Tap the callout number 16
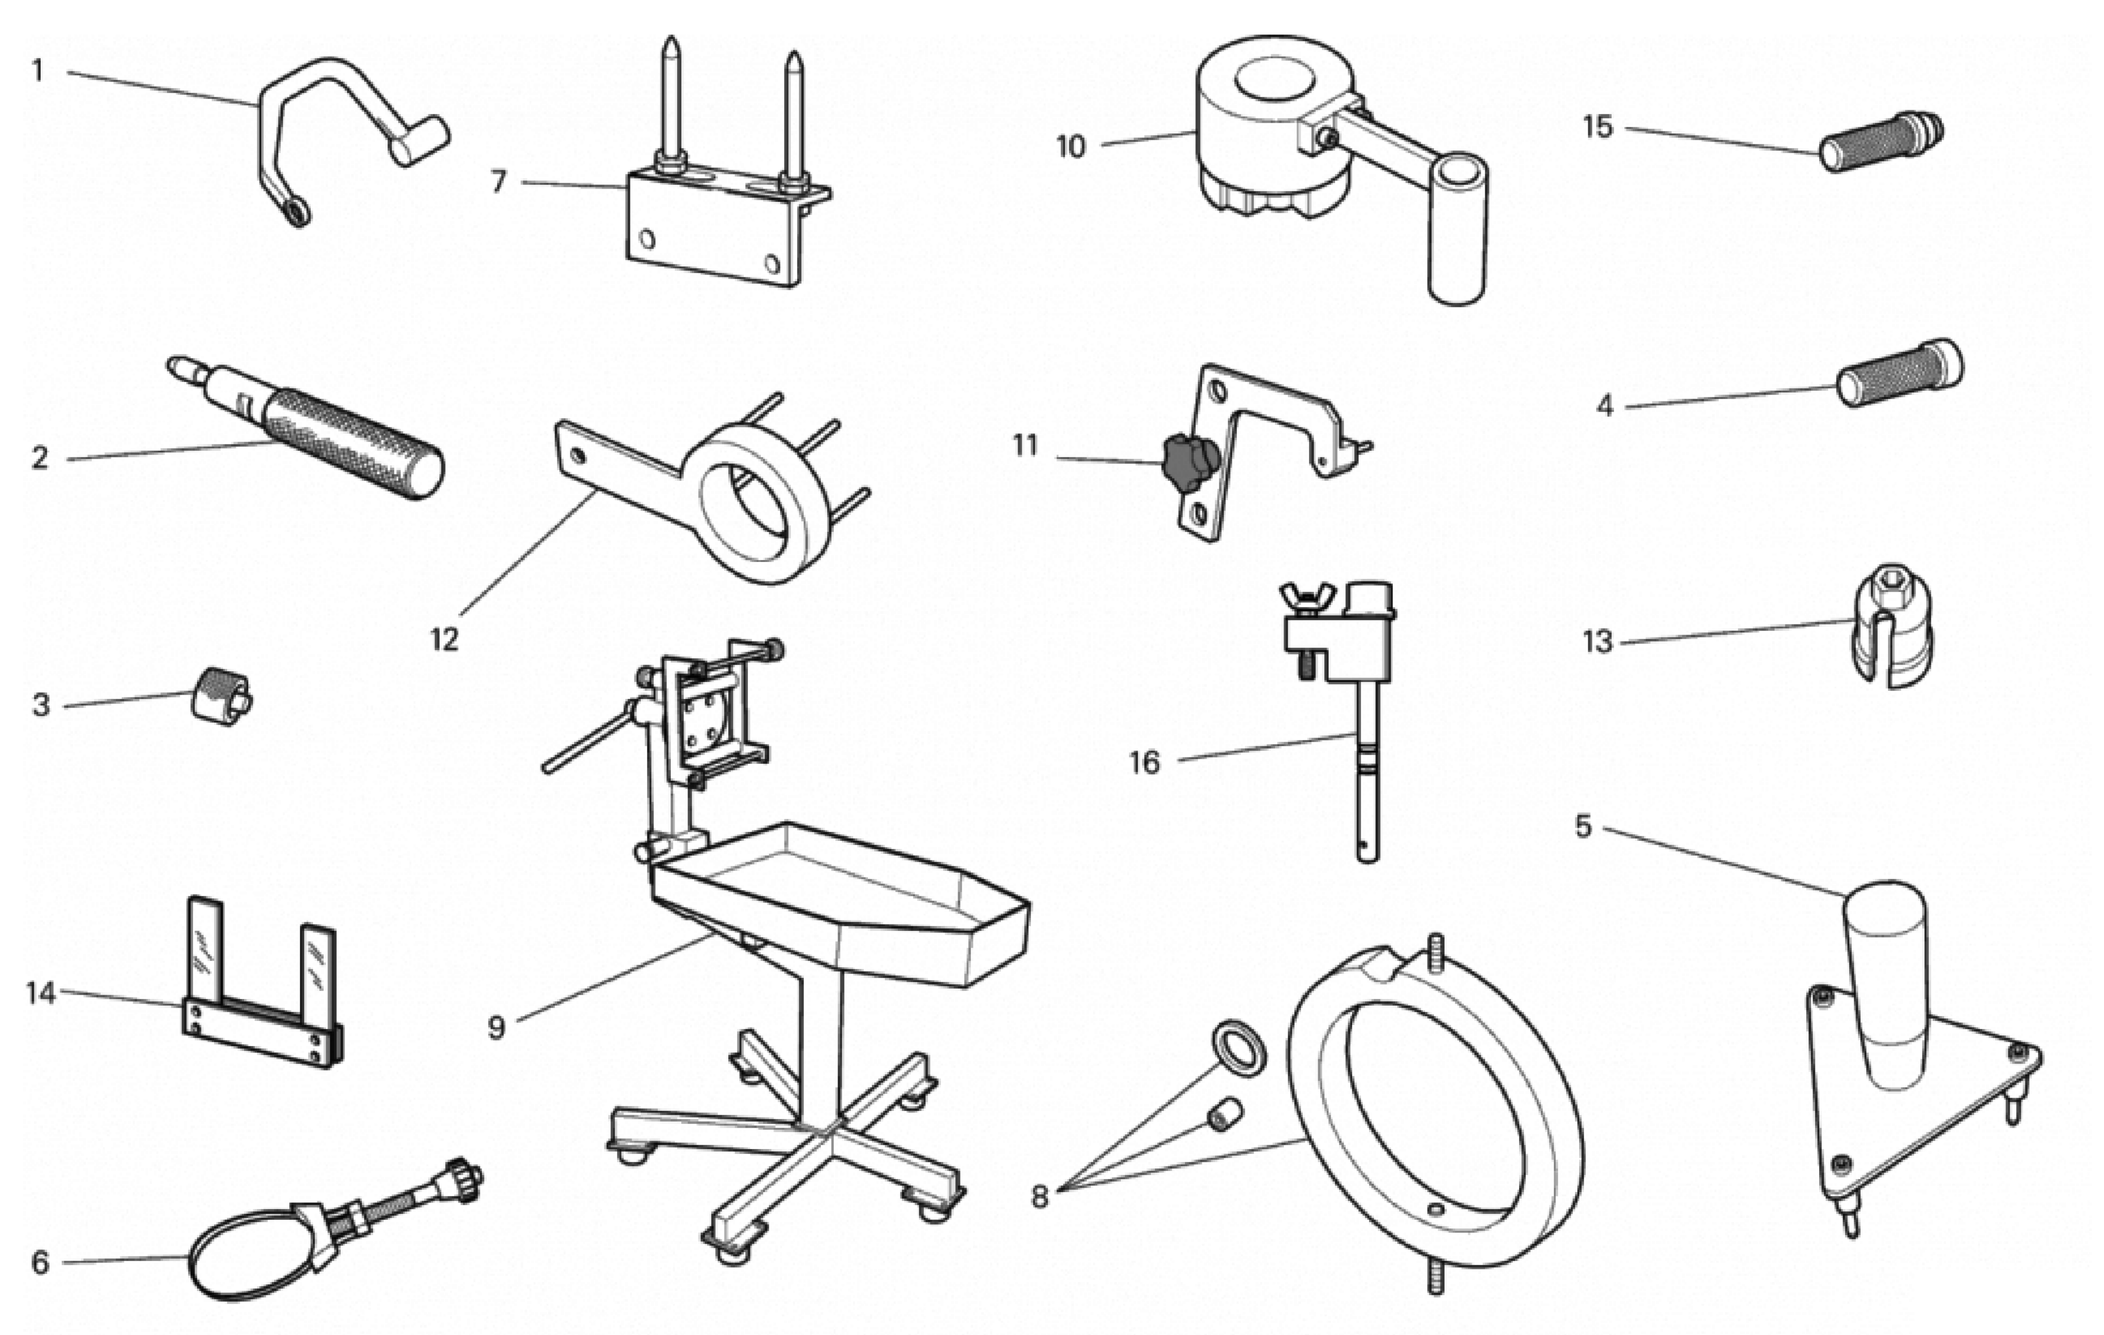pos(1144,763)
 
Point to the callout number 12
pos(444,640)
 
